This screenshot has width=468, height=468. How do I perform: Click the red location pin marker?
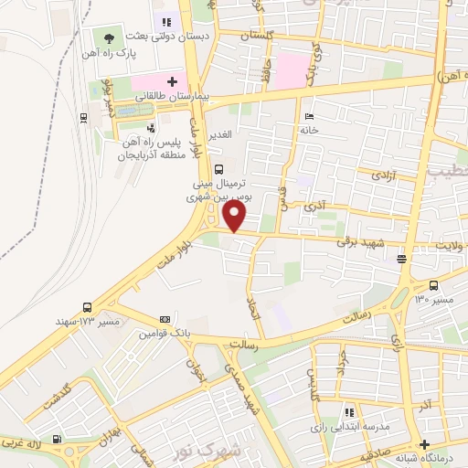tap(235, 216)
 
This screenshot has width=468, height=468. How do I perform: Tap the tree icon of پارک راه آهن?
tap(109, 38)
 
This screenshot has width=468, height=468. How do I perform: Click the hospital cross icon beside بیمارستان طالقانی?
tap(171, 81)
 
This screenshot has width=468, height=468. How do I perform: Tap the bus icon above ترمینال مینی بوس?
tap(218, 169)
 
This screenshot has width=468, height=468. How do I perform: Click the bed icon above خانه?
tap(309, 117)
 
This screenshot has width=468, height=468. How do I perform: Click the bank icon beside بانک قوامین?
tap(165, 319)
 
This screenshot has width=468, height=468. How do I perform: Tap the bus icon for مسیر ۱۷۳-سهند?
tap(87, 308)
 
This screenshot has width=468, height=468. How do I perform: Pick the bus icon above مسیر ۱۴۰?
tap(433, 284)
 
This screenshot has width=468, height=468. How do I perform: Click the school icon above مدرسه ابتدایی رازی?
tap(348, 413)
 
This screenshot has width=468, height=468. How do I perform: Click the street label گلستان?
tap(256, 35)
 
